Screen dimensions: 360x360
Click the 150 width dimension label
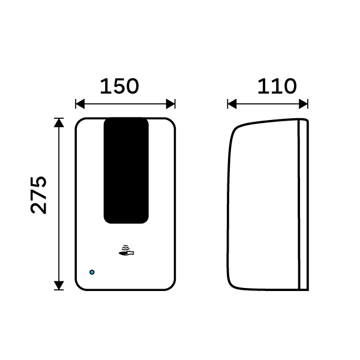point(119,86)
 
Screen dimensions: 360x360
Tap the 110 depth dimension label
point(277,86)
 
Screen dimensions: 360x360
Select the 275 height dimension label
point(38,195)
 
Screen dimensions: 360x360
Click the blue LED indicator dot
point(92,272)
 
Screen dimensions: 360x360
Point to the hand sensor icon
point(126,250)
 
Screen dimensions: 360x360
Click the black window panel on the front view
point(126,170)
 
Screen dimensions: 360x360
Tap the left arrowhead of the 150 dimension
point(80,104)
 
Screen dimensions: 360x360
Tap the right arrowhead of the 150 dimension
point(170,104)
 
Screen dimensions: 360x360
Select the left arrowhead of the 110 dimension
point(232,104)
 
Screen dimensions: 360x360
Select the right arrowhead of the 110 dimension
point(303,104)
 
